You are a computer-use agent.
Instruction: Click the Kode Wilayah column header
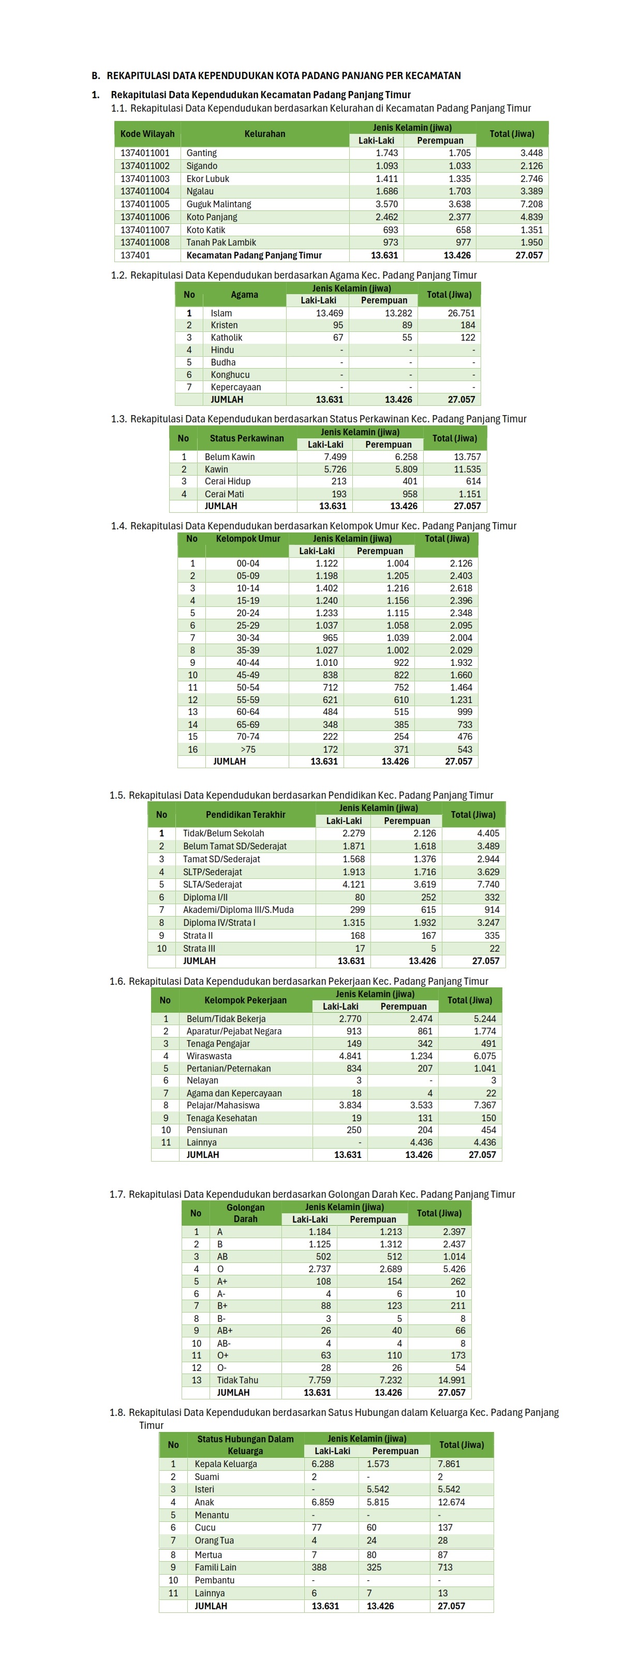point(147,133)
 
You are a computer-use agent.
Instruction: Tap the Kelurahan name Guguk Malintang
point(218,204)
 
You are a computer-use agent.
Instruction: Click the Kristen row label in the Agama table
point(224,325)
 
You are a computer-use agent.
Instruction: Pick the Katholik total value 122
point(467,338)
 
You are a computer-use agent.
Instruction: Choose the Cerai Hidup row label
point(227,481)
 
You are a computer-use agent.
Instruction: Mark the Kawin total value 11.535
point(467,469)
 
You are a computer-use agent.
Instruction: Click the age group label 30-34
point(248,637)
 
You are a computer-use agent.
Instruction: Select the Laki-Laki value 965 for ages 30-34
point(330,637)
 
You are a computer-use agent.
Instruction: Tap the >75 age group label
point(248,749)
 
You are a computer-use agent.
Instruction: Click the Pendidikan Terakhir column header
point(245,814)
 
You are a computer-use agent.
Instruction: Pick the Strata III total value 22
point(494,949)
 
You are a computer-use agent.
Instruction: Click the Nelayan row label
point(202,1080)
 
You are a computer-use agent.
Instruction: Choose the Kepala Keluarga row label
point(225,1464)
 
